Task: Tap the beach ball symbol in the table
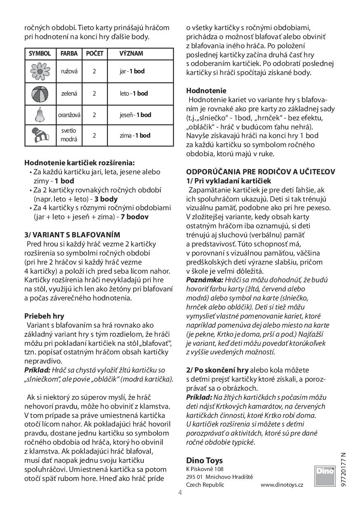(40, 94)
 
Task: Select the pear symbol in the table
(40, 115)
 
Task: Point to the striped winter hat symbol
(40, 135)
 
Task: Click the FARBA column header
(69, 54)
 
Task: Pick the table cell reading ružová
(69, 71)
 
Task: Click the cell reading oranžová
(69, 115)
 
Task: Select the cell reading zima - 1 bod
(135, 135)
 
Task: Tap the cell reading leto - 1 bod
(133, 94)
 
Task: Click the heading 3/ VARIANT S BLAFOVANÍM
(72, 235)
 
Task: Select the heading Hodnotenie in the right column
(206, 91)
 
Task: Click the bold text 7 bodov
(135, 217)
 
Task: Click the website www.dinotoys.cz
(282, 485)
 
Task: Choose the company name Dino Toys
(204, 460)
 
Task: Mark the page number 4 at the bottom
(180, 492)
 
